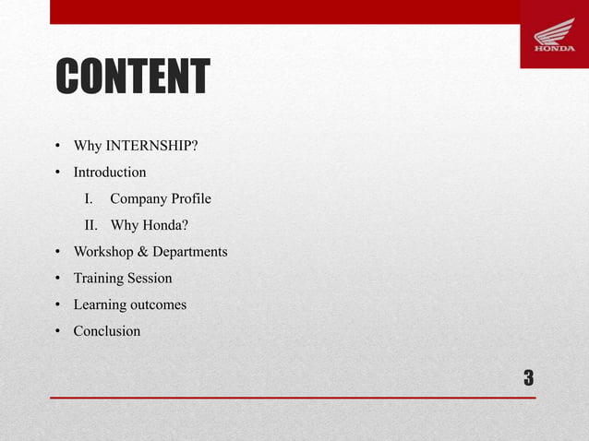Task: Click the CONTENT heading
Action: tap(133, 77)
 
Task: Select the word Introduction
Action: tap(110, 173)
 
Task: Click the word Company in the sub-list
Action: tap(138, 198)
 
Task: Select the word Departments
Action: tap(190, 252)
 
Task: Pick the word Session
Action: tap(151, 278)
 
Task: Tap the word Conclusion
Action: tap(107, 330)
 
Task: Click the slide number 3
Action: tap(528, 377)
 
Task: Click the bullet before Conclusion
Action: tap(57, 331)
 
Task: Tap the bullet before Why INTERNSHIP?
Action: tap(57, 147)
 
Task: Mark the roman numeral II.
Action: tap(91, 225)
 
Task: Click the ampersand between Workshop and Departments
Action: tap(143, 252)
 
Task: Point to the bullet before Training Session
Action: tap(57, 279)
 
